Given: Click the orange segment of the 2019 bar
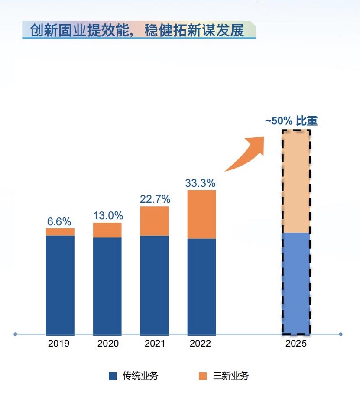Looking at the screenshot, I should (x=60, y=232).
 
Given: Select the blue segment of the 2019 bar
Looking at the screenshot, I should (x=60, y=285).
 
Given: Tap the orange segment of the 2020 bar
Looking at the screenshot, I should (x=107, y=230).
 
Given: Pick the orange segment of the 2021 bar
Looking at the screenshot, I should (x=154, y=221).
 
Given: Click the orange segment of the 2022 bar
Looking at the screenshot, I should (x=201, y=214).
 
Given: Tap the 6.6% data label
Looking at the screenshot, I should (x=59, y=222).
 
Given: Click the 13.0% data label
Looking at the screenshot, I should (x=108, y=216).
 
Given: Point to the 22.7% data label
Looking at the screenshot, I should (x=155, y=199).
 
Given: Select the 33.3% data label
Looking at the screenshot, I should (x=200, y=183).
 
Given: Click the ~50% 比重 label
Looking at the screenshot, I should (x=291, y=121).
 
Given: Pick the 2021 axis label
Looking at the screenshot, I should (x=154, y=344).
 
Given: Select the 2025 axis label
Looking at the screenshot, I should (x=296, y=344).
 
